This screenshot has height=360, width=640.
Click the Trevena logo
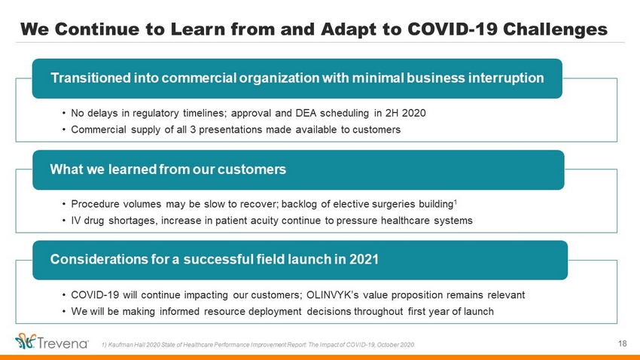click(x=52, y=342)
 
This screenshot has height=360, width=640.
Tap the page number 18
click(x=623, y=343)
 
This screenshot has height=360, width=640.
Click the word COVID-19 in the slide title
click(x=453, y=29)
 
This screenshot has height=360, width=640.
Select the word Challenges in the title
click(x=555, y=29)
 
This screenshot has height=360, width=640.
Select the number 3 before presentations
click(x=193, y=130)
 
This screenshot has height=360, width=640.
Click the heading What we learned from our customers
click(x=168, y=169)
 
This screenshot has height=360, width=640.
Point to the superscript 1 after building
click(x=456, y=201)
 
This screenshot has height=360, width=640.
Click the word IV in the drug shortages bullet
click(x=76, y=221)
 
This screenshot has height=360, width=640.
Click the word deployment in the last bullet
click(x=275, y=312)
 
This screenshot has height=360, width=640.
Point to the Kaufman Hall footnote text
click(x=258, y=345)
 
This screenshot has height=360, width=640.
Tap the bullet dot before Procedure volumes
click(x=64, y=204)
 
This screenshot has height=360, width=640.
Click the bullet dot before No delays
click(x=64, y=113)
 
